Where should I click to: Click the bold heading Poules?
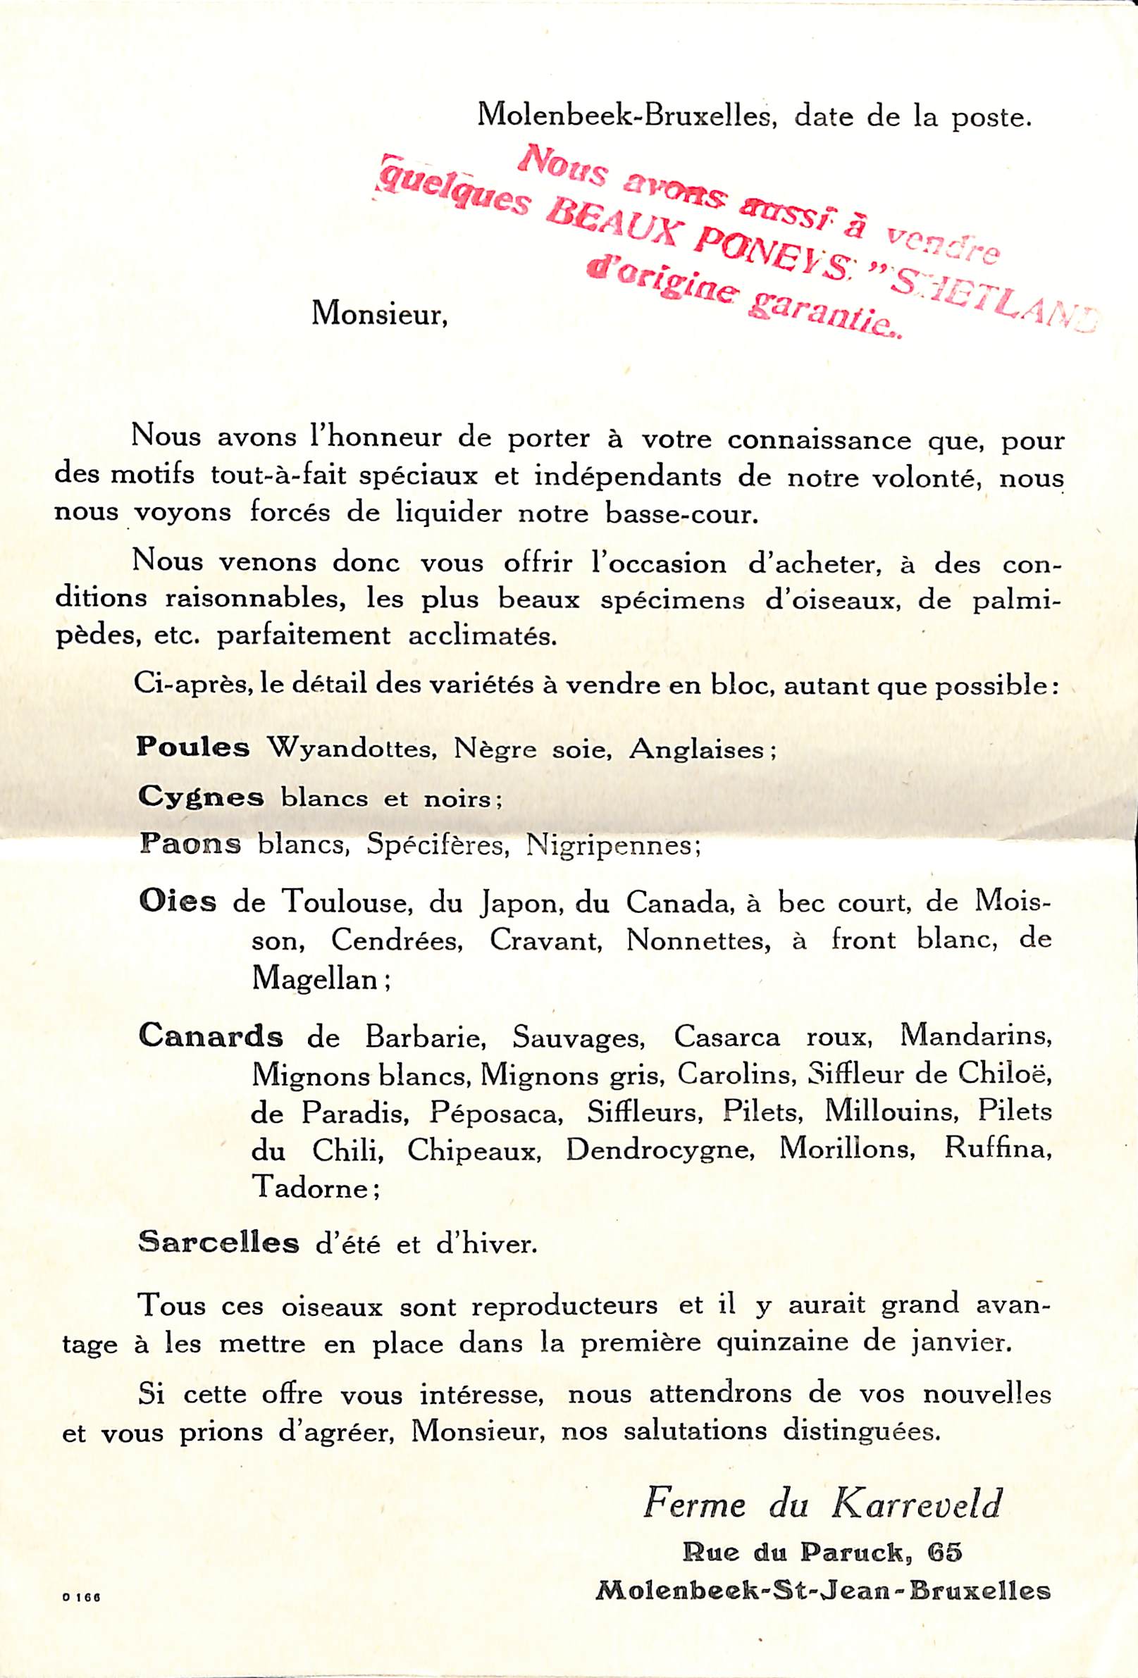(193, 748)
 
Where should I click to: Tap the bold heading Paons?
(190, 844)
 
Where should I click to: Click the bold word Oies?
(177, 902)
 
